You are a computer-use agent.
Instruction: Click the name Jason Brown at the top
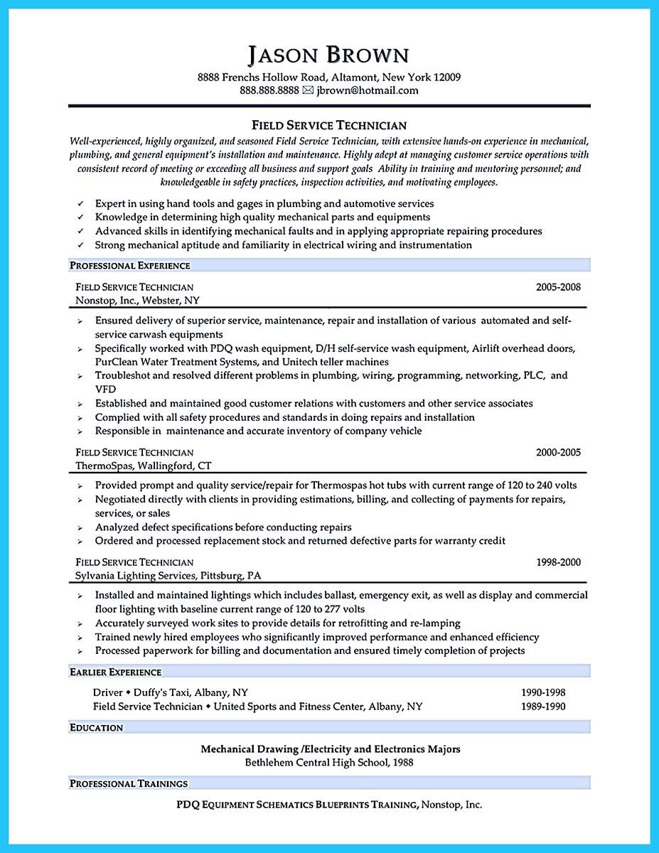329,55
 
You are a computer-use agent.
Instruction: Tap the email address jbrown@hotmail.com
367,90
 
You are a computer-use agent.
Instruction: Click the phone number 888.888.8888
269,90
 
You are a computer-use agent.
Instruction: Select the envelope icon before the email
308,90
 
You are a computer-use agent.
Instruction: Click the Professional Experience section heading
129,265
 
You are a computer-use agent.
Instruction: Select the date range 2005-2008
558,287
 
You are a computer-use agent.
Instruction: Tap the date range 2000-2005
558,452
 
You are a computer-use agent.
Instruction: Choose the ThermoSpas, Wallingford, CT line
143,466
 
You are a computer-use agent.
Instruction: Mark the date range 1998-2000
558,562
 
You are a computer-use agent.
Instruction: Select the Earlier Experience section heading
115,672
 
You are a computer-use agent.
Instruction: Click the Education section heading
96,727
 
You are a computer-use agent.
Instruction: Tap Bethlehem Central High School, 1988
329,762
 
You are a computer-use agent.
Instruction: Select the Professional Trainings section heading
129,783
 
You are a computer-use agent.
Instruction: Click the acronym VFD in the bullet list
105,389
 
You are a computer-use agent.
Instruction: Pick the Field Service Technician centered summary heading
329,125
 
